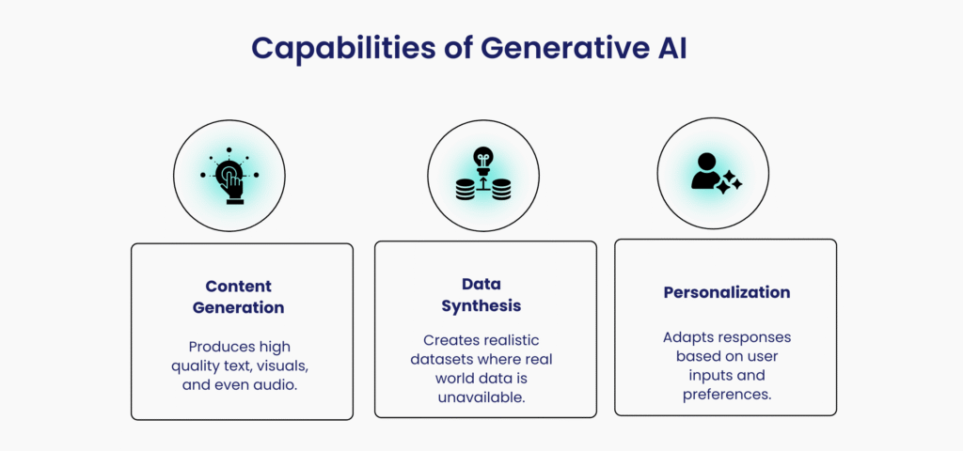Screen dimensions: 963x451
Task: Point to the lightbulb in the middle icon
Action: point(483,160)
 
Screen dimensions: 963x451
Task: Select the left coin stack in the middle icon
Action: point(466,189)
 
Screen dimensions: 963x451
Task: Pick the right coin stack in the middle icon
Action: point(501,189)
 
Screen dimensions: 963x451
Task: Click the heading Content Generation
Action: point(238,296)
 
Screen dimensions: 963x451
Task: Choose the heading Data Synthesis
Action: point(481,294)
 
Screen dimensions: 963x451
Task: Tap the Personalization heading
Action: point(727,292)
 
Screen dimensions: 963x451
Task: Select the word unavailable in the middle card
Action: point(481,397)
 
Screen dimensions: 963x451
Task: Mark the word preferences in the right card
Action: point(727,394)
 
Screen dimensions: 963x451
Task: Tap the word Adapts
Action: point(686,338)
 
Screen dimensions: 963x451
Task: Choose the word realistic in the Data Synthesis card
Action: point(513,340)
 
